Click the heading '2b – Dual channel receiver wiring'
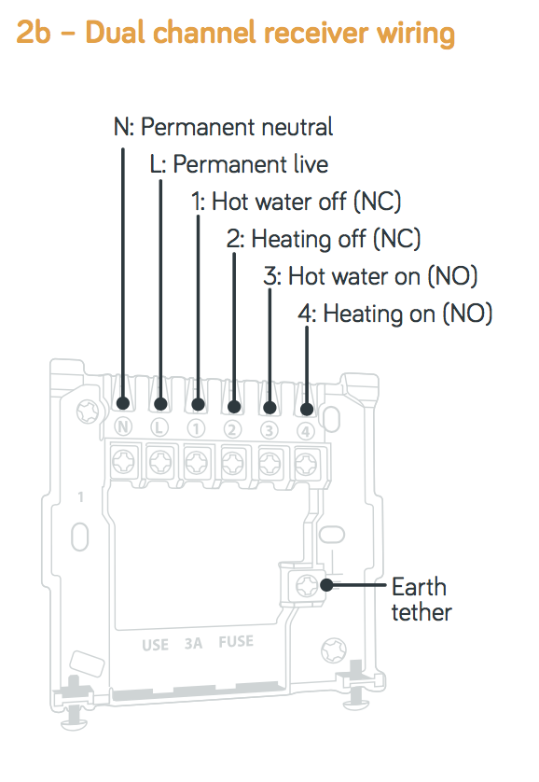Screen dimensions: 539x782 235,33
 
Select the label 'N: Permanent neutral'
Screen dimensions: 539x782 223,127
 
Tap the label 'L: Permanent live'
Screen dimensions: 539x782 239,164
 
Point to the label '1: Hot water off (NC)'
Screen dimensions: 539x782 297,202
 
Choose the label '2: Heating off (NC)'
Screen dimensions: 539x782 324,239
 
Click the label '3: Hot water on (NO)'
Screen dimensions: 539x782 370,276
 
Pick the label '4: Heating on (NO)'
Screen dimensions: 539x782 395,314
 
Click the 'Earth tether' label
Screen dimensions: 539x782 422,599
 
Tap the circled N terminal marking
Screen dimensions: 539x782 122,426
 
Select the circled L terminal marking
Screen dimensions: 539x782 159,427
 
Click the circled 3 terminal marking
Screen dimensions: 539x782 269,430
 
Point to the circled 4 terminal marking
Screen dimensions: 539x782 306,431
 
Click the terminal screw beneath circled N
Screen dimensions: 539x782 123,461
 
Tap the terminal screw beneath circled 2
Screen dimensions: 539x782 232,463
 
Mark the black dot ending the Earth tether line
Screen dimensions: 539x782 326,585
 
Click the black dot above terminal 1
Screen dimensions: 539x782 198,404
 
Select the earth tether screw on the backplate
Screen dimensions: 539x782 307,586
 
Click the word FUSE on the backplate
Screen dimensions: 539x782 236,641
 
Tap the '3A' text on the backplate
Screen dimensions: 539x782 193,643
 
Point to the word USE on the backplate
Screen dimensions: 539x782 156,646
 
